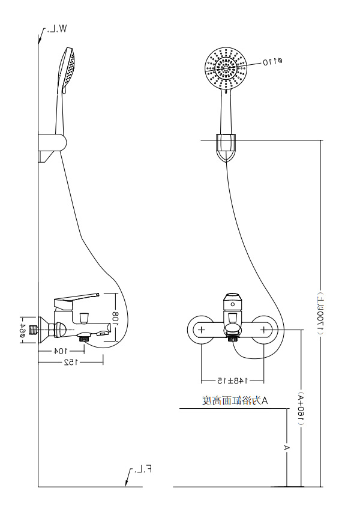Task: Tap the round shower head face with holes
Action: (x=226, y=68)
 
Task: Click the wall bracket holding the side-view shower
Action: (x=53, y=146)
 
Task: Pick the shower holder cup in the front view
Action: (x=226, y=148)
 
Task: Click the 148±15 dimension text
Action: (x=232, y=381)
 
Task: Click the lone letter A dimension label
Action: (x=287, y=448)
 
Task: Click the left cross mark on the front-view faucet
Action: (x=202, y=330)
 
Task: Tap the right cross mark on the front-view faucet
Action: (x=262, y=330)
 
